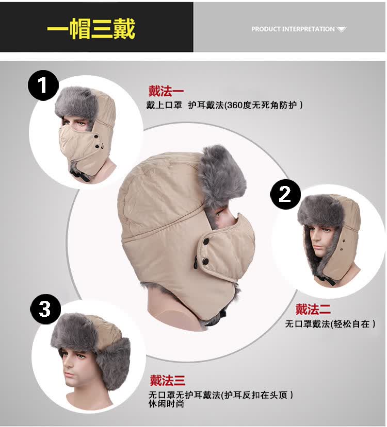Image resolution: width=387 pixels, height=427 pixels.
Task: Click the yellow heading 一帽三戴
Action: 91,29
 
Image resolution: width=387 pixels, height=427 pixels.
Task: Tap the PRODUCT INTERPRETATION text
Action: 293,29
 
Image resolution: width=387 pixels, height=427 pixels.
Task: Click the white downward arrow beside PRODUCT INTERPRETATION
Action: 341,29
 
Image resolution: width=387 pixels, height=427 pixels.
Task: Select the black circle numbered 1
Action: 43,85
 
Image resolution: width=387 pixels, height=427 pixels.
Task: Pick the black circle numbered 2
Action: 285,194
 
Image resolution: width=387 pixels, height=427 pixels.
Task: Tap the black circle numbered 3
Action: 45,309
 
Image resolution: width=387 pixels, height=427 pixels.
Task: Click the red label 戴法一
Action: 166,91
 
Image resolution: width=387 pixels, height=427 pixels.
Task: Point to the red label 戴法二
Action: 313,309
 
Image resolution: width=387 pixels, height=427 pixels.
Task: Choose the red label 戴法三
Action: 168,380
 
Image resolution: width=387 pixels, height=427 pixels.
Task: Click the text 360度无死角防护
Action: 261,105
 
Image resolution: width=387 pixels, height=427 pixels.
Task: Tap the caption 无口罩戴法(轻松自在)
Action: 330,324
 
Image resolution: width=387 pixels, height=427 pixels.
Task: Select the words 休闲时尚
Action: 166,404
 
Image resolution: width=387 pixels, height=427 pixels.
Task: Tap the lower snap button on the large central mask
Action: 206,262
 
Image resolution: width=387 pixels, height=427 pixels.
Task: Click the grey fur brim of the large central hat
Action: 221,177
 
